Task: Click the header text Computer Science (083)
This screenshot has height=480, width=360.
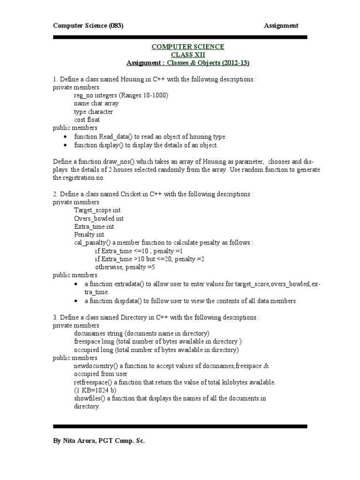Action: (88, 26)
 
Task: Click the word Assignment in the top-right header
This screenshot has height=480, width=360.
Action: (281, 26)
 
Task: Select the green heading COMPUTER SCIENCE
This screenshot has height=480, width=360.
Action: (187, 47)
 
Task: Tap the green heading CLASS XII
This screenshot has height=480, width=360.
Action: (187, 55)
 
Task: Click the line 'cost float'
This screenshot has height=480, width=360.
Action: (87, 120)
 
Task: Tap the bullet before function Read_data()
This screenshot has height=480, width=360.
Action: (65, 136)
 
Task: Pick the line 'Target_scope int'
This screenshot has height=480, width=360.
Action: (94, 210)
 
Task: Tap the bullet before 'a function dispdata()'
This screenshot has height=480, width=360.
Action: (76, 301)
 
